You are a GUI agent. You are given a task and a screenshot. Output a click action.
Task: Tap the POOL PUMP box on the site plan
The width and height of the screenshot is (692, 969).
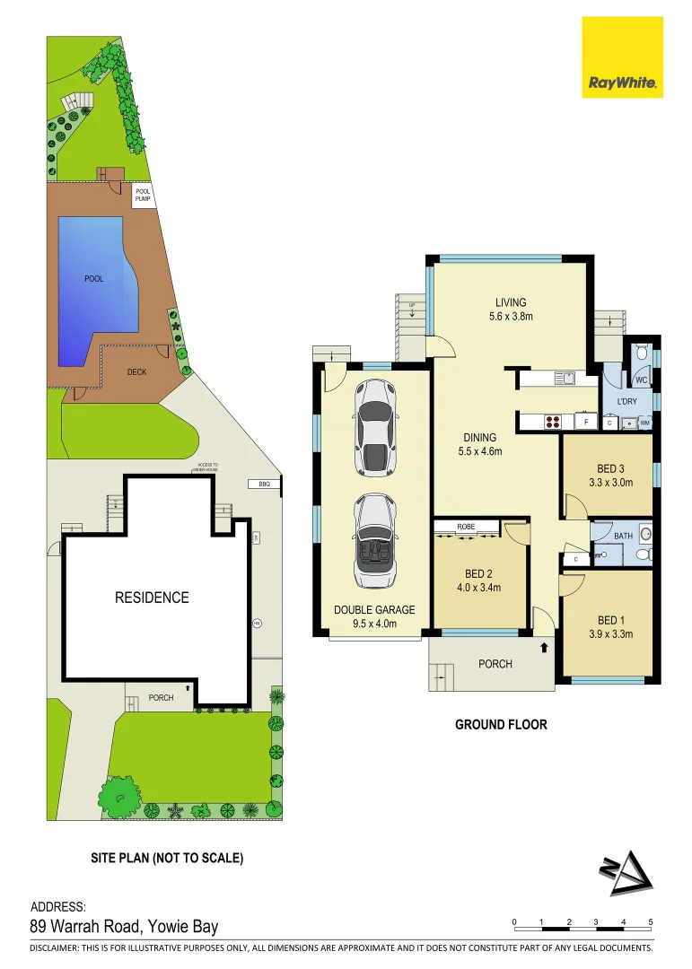pos(144,195)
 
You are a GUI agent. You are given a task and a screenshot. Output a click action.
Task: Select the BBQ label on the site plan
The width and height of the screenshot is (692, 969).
pos(264,484)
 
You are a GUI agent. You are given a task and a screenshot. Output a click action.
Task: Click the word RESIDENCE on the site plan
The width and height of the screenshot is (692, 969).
pos(152,598)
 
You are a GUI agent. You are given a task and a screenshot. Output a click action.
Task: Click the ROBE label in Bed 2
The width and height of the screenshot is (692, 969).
pos(466,526)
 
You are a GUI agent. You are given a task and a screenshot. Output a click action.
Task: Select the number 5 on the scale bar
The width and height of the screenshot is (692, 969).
pos(650,922)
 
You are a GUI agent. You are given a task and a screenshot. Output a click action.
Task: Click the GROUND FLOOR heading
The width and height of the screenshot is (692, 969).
pos(501,724)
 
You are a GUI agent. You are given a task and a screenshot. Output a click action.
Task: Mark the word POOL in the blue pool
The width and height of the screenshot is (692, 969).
pos(94,279)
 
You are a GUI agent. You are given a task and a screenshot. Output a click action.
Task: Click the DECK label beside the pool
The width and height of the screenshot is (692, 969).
pos(136,371)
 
